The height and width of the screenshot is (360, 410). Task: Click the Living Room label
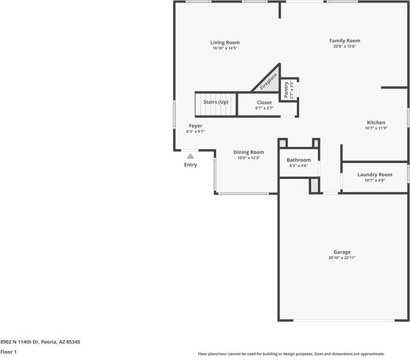[x=225, y=42]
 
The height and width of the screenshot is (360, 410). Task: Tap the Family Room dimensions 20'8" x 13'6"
[x=344, y=46]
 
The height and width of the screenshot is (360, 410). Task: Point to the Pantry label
[x=286, y=90]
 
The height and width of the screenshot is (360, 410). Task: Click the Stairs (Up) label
[x=216, y=102]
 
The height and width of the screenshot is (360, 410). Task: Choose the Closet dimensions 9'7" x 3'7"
[x=264, y=108]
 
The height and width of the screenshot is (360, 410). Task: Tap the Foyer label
[x=196, y=126]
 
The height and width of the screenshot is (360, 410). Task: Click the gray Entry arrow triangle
[x=190, y=157]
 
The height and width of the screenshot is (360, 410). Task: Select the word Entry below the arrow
[x=190, y=165]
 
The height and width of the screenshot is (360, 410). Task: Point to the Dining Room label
[x=249, y=152]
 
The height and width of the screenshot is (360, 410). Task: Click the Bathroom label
[x=299, y=160]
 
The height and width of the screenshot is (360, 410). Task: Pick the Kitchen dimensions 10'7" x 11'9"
[x=376, y=128]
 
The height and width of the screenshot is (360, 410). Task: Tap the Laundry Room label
[x=374, y=175]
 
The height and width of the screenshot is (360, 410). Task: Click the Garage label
[x=342, y=252]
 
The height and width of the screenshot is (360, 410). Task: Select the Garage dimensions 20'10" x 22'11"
[x=342, y=258]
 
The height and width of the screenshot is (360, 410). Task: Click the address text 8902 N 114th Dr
[x=19, y=342]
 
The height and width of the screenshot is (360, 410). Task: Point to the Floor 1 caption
[x=8, y=352]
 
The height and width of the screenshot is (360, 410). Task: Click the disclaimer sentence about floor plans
[x=291, y=354]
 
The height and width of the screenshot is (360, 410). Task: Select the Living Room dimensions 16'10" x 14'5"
[x=225, y=48]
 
